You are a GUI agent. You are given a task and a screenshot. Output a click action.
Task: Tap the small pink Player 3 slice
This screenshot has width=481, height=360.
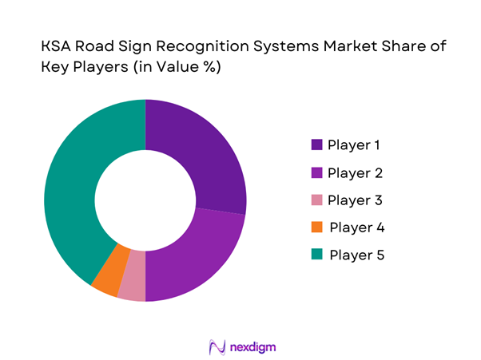(133, 286)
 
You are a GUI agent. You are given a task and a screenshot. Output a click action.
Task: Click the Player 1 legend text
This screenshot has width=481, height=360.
(354, 145)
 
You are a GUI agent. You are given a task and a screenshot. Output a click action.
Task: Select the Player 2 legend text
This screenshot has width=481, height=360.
(354, 172)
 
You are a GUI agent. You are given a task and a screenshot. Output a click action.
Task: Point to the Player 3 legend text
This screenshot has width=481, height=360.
(354, 200)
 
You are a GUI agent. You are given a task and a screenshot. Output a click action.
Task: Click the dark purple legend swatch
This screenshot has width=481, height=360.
(317, 145)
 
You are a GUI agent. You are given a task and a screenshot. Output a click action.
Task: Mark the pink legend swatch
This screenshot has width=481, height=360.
(317, 200)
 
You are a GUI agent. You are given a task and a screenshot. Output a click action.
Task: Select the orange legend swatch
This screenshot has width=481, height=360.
(317, 227)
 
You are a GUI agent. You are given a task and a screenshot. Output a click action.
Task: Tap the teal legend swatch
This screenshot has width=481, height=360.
(317, 255)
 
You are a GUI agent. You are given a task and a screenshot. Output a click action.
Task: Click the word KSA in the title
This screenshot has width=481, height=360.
(58, 48)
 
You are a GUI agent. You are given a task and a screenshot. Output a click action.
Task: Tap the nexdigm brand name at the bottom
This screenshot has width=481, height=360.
(248, 346)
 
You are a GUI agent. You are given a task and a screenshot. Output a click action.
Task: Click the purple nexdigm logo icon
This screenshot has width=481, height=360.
(215, 346)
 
